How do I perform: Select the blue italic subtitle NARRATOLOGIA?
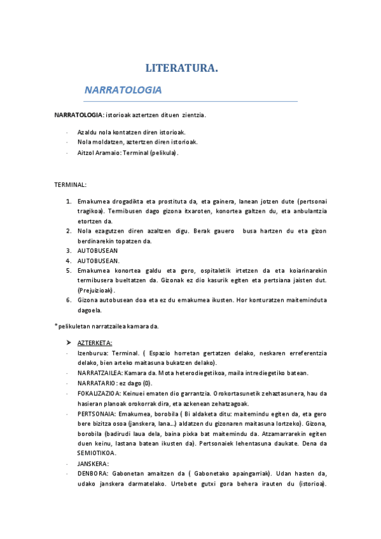(x=123, y=90)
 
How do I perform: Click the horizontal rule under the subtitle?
(x=191, y=101)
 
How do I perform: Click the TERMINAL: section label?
(x=70, y=184)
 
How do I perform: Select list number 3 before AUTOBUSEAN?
(x=69, y=250)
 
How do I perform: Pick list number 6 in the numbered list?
(x=69, y=300)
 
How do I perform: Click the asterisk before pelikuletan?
(x=56, y=326)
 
